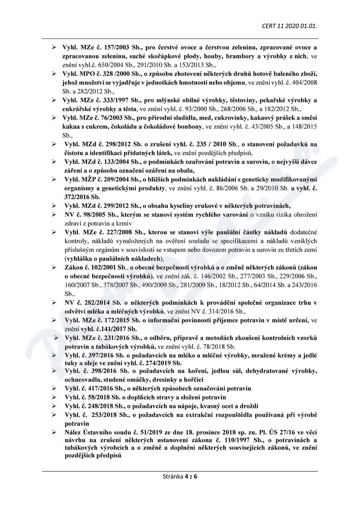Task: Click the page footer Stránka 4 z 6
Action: tap(180, 476)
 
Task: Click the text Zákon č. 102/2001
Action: tap(90, 268)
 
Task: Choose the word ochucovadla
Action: tap(82, 379)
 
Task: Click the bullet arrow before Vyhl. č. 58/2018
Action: tap(54, 397)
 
